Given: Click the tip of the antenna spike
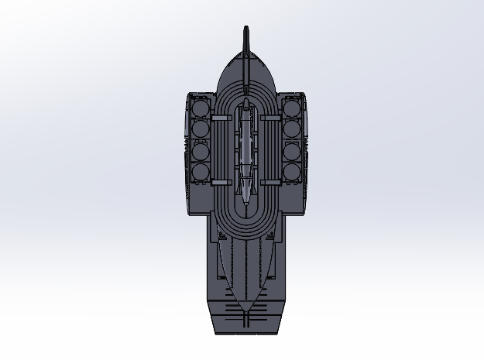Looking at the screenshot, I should tap(247, 29).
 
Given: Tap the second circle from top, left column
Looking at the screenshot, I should tap(201, 128).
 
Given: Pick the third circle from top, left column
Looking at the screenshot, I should tap(201, 150).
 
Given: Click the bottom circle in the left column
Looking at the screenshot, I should tap(201, 171).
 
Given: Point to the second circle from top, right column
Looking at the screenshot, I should tap(292, 128).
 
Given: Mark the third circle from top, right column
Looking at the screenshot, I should tap(292, 150).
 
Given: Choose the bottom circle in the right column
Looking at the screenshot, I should tap(292, 171).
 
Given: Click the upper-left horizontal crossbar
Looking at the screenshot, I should tap(221, 118).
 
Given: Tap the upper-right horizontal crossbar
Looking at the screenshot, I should tap(271, 118).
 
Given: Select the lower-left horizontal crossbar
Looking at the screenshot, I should tap(221, 182).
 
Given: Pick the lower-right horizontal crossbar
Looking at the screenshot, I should tap(271, 182).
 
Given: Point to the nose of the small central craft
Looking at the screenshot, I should tap(246, 101).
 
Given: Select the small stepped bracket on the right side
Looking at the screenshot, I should tap(307, 143).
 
